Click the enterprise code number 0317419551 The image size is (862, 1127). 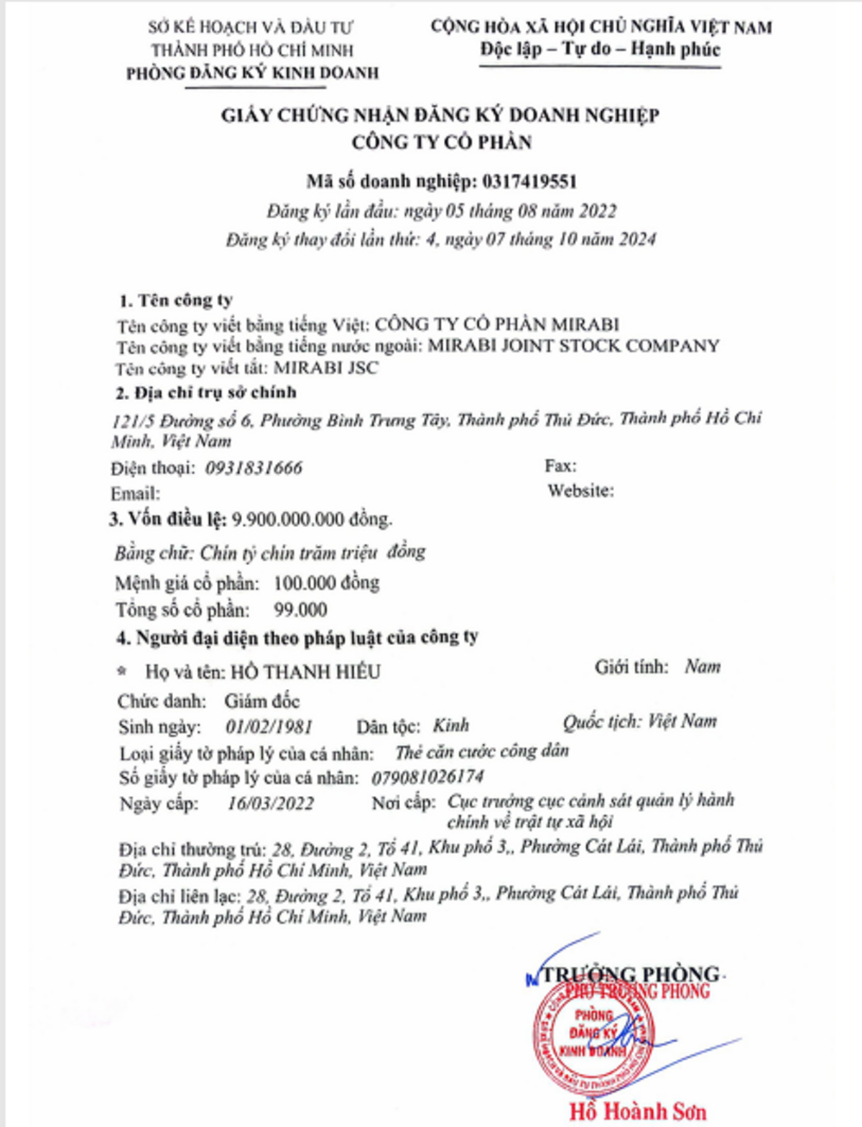530,182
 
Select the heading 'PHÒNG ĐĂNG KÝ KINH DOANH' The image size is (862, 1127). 252,73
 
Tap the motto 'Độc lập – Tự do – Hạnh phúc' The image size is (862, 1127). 600,50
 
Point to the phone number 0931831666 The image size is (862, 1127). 254,468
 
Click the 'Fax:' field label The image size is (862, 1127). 560,466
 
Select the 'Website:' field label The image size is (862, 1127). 580,491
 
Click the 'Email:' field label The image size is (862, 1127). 135,494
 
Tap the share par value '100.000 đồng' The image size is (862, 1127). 326,583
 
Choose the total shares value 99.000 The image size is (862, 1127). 300,610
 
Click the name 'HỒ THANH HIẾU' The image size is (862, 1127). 305,672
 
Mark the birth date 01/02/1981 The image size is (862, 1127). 269,727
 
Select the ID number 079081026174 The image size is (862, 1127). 427,777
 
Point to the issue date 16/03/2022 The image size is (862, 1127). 270,803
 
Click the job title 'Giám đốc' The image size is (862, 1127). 262,701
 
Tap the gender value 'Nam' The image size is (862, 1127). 703,667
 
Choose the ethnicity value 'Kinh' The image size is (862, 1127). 450,725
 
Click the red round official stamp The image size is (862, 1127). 593,1034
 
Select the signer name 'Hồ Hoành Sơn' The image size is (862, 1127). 638,1111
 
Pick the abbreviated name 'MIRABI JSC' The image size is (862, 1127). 326,368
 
